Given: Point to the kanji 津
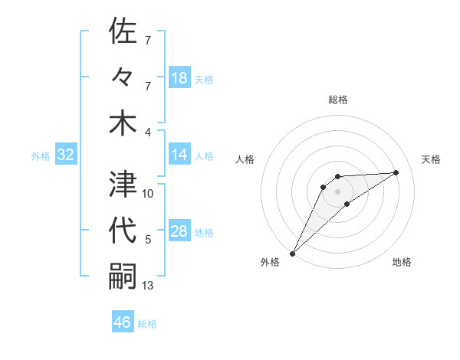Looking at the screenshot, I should (x=123, y=184).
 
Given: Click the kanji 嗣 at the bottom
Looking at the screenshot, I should (x=123, y=277).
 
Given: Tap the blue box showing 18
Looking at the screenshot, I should (x=179, y=77).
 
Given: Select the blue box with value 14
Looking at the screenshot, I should (x=179, y=154).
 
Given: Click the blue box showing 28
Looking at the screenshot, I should (x=179, y=231).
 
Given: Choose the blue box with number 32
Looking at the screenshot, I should (x=66, y=155).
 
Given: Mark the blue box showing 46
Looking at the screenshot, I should (x=123, y=322).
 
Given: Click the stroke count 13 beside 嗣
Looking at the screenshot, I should (x=148, y=286).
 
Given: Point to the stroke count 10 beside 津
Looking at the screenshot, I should (x=148, y=193).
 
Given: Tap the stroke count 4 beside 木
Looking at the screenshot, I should (x=148, y=132).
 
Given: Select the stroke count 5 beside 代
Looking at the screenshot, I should (x=148, y=240).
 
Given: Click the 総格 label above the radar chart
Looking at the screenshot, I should (x=338, y=100).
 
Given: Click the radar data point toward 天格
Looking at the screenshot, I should (x=396, y=172).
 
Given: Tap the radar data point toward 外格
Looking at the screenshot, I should (x=292, y=253).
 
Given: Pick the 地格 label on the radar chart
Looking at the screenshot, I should (x=402, y=262).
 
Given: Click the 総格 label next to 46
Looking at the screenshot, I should (x=147, y=324).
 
